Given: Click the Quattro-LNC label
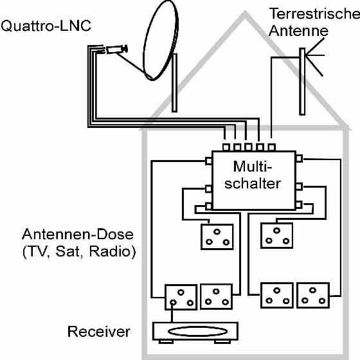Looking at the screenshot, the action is [46, 26].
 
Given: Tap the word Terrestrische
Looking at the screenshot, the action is [314, 14].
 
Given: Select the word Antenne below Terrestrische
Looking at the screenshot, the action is [298, 31].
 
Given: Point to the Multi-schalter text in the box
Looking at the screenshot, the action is [253, 175].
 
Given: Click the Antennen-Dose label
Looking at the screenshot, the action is [78, 234].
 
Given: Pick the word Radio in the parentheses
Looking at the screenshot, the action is [110, 251].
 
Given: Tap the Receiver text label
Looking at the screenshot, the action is [99, 332].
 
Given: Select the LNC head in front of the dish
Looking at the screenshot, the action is [116, 49].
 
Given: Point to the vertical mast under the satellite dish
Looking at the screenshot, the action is [174, 83].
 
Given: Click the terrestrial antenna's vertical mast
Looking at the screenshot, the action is [302, 82].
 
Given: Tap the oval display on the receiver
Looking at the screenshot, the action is [198, 332].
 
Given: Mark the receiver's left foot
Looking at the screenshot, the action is [166, 342].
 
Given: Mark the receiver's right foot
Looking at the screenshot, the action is [222, 342].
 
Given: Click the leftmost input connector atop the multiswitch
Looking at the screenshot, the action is [226, 147].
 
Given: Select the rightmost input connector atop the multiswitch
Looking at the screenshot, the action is [271, 147].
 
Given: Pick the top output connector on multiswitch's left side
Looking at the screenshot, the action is [208, 161].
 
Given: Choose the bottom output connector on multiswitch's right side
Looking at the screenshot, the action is [299, 205].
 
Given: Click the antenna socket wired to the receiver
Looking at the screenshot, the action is [181, 297].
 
